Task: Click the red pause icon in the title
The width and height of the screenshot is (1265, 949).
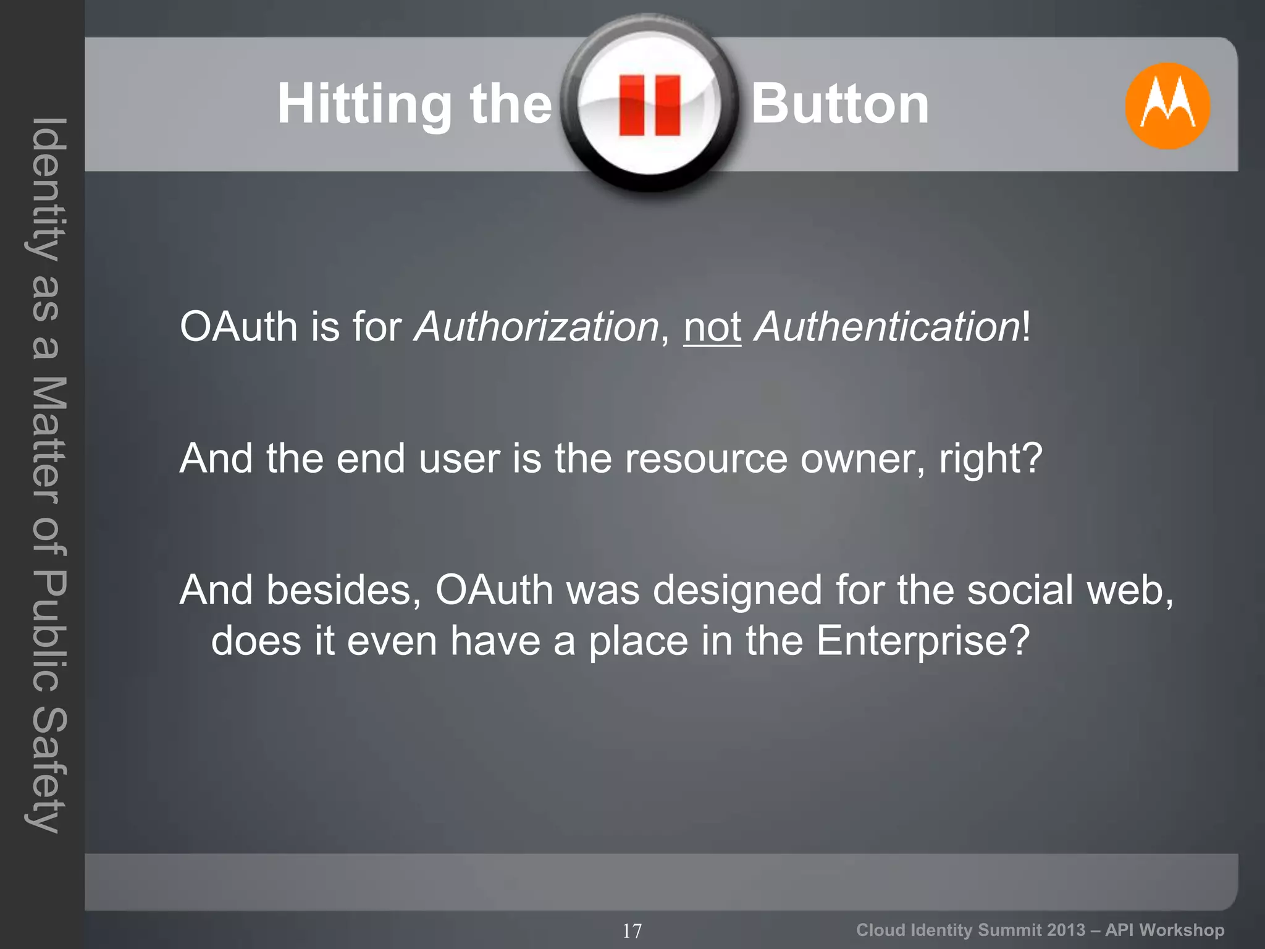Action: tap(649, 105)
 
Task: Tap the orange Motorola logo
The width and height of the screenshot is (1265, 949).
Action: tap(1167, 106)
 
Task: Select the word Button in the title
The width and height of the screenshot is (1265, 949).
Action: tap(840, 104)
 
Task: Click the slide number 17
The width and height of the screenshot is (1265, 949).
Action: tap(632, 930)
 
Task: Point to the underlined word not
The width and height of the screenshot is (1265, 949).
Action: tap(712, 327)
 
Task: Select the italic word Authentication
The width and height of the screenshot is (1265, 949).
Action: tap(887, 327)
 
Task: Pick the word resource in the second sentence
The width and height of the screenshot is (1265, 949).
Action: tap(706, 459)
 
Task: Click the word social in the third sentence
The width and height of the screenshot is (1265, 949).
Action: tap(1020, 590)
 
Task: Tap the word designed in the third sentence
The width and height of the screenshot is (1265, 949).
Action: tap(738, 590)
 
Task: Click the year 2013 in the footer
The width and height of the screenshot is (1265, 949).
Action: tap(1066, 930)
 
